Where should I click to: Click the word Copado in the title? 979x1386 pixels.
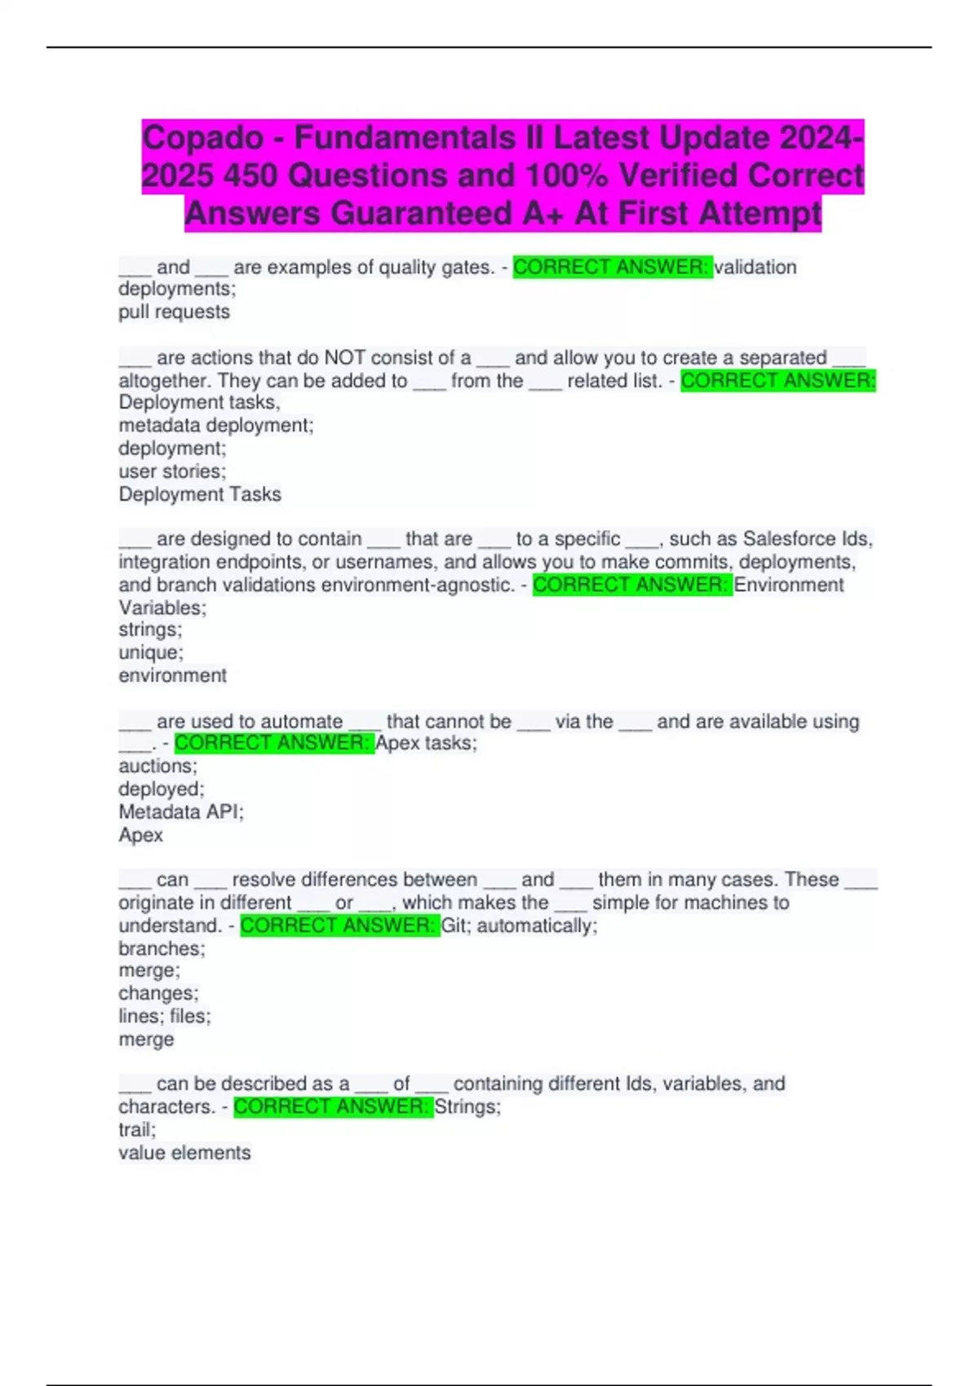point(202,138)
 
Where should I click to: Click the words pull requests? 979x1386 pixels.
point(174,312)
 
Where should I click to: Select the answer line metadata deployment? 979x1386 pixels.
point(215,426)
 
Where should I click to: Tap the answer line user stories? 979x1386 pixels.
point(172,471)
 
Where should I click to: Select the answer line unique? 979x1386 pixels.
point(151,652)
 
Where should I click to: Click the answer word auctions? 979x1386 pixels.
point(157,766)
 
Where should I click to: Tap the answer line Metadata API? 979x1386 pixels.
point(180,812)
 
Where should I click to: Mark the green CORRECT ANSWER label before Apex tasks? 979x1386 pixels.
point(274,744)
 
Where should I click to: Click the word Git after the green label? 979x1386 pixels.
point(455,926)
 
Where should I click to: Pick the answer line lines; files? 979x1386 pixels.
point(164,1017)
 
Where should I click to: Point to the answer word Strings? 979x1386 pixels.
point(467,1107)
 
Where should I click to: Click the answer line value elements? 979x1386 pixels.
point(184,1153)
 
